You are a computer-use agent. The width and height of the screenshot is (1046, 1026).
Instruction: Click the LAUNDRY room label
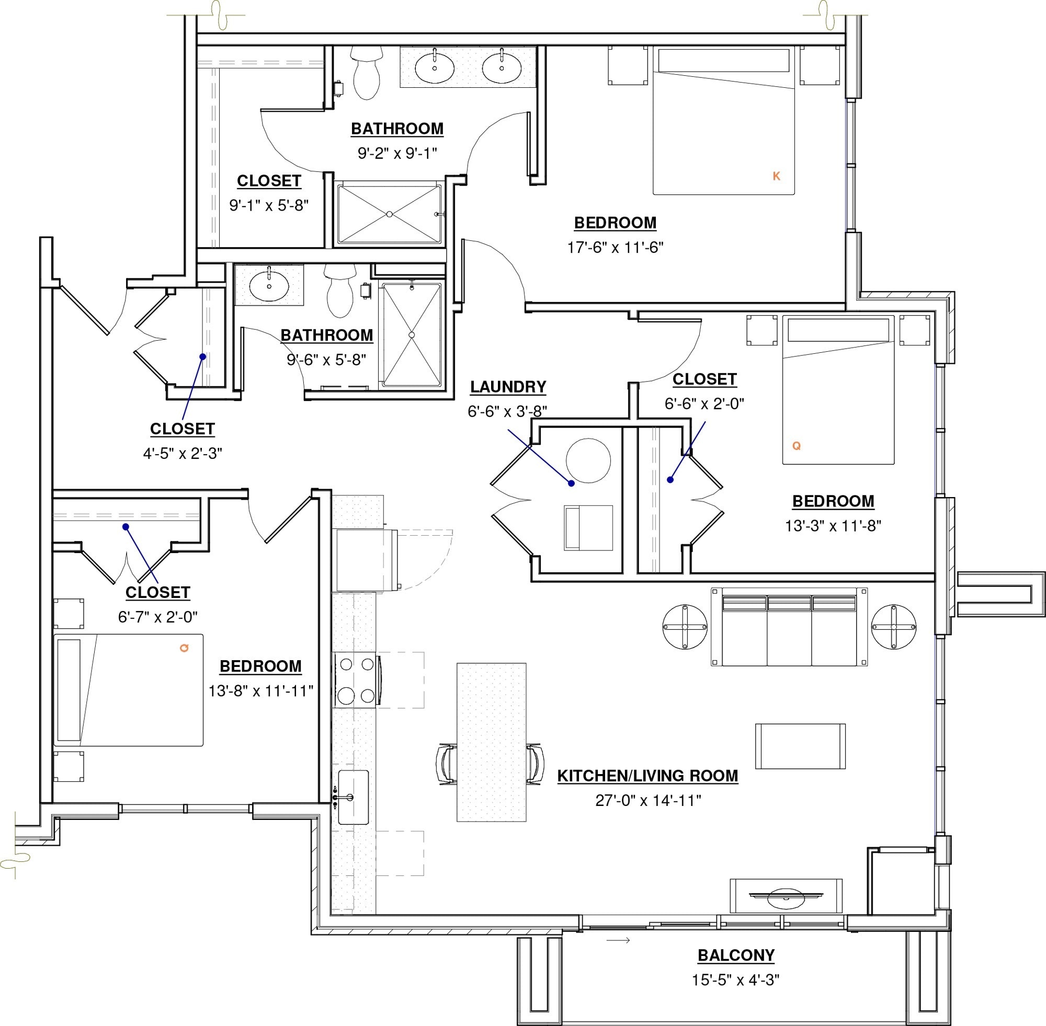coord(508,387)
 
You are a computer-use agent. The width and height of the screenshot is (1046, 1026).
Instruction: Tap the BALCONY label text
coord(735,955)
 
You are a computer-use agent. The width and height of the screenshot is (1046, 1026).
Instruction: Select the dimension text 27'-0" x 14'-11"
coord(647,800)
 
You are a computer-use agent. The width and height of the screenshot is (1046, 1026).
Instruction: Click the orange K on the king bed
coord(777,176)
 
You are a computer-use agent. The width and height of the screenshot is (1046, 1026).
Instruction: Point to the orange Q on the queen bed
coord(797,446)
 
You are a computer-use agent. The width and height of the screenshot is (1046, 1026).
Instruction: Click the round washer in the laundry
coord(588,460)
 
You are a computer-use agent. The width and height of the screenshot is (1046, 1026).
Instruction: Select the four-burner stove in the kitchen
coord(355,680)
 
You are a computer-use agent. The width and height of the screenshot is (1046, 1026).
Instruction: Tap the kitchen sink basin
coord(354,797)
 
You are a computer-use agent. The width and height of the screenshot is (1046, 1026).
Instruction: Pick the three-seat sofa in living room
coord(789,627)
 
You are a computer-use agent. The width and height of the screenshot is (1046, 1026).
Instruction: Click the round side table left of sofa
coord(685,627)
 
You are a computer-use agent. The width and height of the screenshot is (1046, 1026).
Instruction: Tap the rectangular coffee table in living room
coord(800,746)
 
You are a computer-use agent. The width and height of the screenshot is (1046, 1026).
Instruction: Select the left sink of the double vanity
coord(435,68)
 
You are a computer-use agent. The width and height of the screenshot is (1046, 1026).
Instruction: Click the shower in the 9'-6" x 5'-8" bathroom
coord(412,335)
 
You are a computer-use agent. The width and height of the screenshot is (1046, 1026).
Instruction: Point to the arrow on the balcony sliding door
coord(618,940)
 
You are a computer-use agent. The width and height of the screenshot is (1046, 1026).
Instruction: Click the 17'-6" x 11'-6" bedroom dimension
coord(615,247)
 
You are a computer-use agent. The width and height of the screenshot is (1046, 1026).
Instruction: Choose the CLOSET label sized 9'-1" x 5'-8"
coord(268,181)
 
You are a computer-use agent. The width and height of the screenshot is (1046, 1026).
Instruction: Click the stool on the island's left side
coord(447,764)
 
